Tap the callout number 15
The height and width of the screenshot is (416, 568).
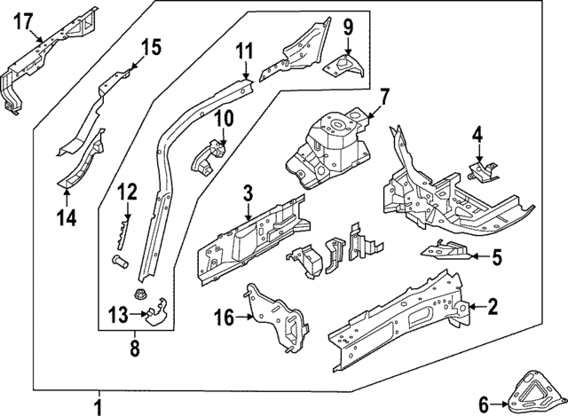pos(152,47)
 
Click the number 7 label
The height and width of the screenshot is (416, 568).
pos(383,96)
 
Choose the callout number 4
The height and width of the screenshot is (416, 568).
pos(477,135)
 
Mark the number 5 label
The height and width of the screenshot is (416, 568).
pos(497,258)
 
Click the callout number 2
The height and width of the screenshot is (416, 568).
pos(493,307)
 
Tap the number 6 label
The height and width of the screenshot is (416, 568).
pos(484,402)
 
